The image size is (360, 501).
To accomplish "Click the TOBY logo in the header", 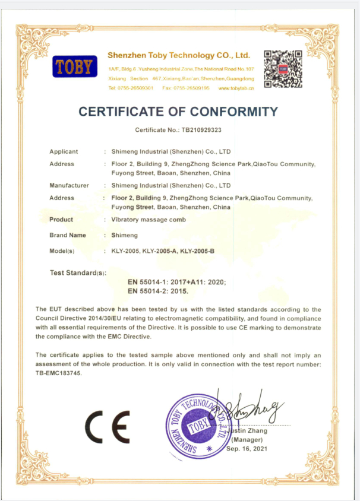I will coord(74,66).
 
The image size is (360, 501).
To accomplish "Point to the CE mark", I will coord(107,427).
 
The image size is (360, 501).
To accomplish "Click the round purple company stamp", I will coord(197,427).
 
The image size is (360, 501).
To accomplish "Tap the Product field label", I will coord(61,220).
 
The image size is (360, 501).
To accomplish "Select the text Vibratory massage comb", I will coord(149,220).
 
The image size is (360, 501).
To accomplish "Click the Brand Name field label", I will coord(68,235).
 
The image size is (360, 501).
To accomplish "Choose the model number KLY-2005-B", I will coord(197,251).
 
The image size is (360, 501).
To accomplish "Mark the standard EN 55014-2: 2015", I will coord(158,291).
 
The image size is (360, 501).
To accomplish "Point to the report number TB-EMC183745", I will coord(59,373).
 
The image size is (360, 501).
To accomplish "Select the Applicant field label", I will coord(64,151).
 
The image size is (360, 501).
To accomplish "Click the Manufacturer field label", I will coord(69,185).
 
